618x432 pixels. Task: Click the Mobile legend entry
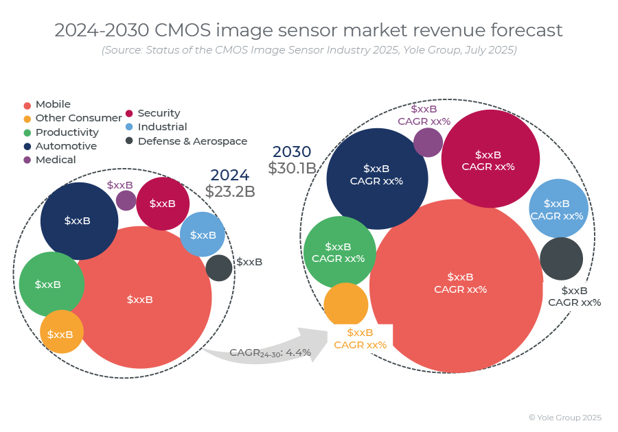pyautogui.click(x=52, y=104)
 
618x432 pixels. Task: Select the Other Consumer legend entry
pyautogui.click(x=78, y=118)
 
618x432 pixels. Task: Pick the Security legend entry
pyautogui.click(x=158, y=113)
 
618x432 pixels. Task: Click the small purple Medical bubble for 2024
pyautogui.click(x=126, y=200)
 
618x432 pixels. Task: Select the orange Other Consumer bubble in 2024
pyautogui.click(x=62, y=332)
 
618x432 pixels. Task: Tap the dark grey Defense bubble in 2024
pyautogui.click(x=219, y=267)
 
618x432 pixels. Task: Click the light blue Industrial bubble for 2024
pyautogui.click(x=203, y=235)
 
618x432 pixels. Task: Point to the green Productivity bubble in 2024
pyautogui.click(x=51, y=284)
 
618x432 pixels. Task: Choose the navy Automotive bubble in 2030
pyautogui.click(x=377, y=178)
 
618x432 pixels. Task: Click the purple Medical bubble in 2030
pyautogui.click(x=428, y=143)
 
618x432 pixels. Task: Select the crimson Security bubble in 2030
pyautogui.click(x=490, y=159)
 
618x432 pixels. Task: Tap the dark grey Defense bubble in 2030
pyautogui.click(x=561, y=259)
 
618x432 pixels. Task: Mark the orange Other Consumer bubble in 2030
pyautogui.click(x=346, y=304)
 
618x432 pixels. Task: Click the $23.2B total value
pyautogui.click(x=230, y=191)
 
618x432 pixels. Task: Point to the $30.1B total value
pyautogui.click(x=292, y=168)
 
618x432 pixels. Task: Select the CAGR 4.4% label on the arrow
pyautogui.click(x=270, y=352)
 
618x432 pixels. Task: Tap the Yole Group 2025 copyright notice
pyautogui.click(x=564, y=417)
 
